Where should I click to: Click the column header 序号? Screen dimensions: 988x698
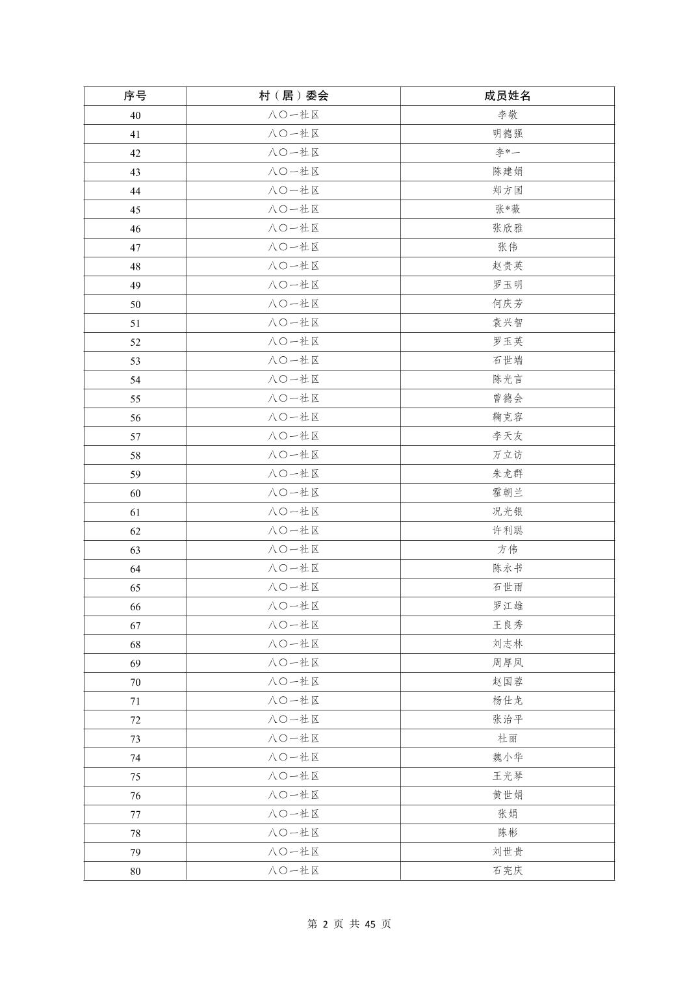pos(135,96)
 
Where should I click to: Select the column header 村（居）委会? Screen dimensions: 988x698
pos(294,96)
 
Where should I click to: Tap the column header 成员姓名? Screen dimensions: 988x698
pos(508,96)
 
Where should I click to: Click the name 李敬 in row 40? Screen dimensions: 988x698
pos(508,115)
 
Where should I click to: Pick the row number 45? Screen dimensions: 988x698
pos(135,209)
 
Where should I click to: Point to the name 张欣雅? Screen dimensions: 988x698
pos(508,228)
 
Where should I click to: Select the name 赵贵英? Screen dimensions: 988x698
pos(508,266)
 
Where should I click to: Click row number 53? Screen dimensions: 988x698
pos(135,361)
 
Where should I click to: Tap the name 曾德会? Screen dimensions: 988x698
pos(508,398)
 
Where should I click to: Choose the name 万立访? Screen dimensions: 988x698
pos(508,455)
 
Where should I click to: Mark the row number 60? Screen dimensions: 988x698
pos(135,493)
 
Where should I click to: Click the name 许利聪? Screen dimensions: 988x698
pos(508,530)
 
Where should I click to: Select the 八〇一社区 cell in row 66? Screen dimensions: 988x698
pos(294,606)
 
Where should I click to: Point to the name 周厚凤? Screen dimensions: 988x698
pos(508,663)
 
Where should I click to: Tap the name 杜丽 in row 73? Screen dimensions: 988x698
pos(508,738)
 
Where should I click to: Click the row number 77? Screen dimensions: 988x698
pos(135,814)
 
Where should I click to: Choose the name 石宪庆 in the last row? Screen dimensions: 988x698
pos(508,871)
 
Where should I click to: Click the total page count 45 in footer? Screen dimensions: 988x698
pos(370,924)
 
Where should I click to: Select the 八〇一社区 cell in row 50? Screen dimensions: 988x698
pos(294,304)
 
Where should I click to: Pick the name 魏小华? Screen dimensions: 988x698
pos(508,757)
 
